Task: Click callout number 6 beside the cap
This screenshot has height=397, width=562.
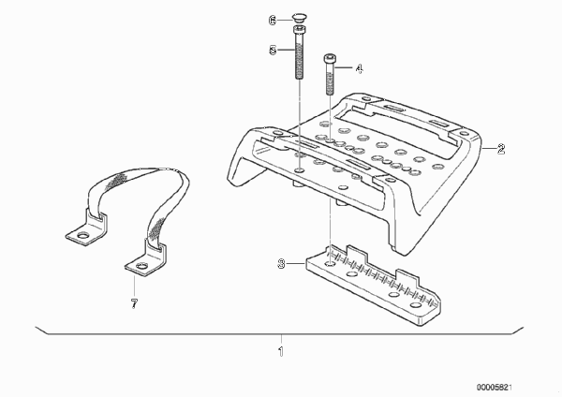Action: [x=273, y=21]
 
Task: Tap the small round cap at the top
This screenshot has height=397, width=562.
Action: [x=299, y=17]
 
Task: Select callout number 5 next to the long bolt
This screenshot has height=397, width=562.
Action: [x=273, y=50]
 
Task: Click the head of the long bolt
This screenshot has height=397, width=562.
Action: [x=300, y=29]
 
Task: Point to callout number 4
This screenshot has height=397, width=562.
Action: [x=359, y=68]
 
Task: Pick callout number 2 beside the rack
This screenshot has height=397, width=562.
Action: [x=501, y=149]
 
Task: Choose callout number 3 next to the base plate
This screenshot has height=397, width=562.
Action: [x=282, y=264]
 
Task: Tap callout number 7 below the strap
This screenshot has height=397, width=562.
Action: [x=134, y=304]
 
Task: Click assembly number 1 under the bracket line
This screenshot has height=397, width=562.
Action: [x=281, y=351]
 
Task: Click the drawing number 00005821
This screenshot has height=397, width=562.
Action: [x=495, y=388]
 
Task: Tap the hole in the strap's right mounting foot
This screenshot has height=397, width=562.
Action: [x=142, y=266]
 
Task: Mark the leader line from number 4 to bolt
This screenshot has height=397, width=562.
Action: [x=345, y=67]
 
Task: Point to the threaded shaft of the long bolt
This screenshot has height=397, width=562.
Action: [x=300, y=56]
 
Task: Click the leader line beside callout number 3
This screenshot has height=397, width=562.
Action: [x=296, y=264]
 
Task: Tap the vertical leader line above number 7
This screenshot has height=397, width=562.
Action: [x=134, y=287]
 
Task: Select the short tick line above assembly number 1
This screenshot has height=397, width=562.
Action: [x=281, y=340]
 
